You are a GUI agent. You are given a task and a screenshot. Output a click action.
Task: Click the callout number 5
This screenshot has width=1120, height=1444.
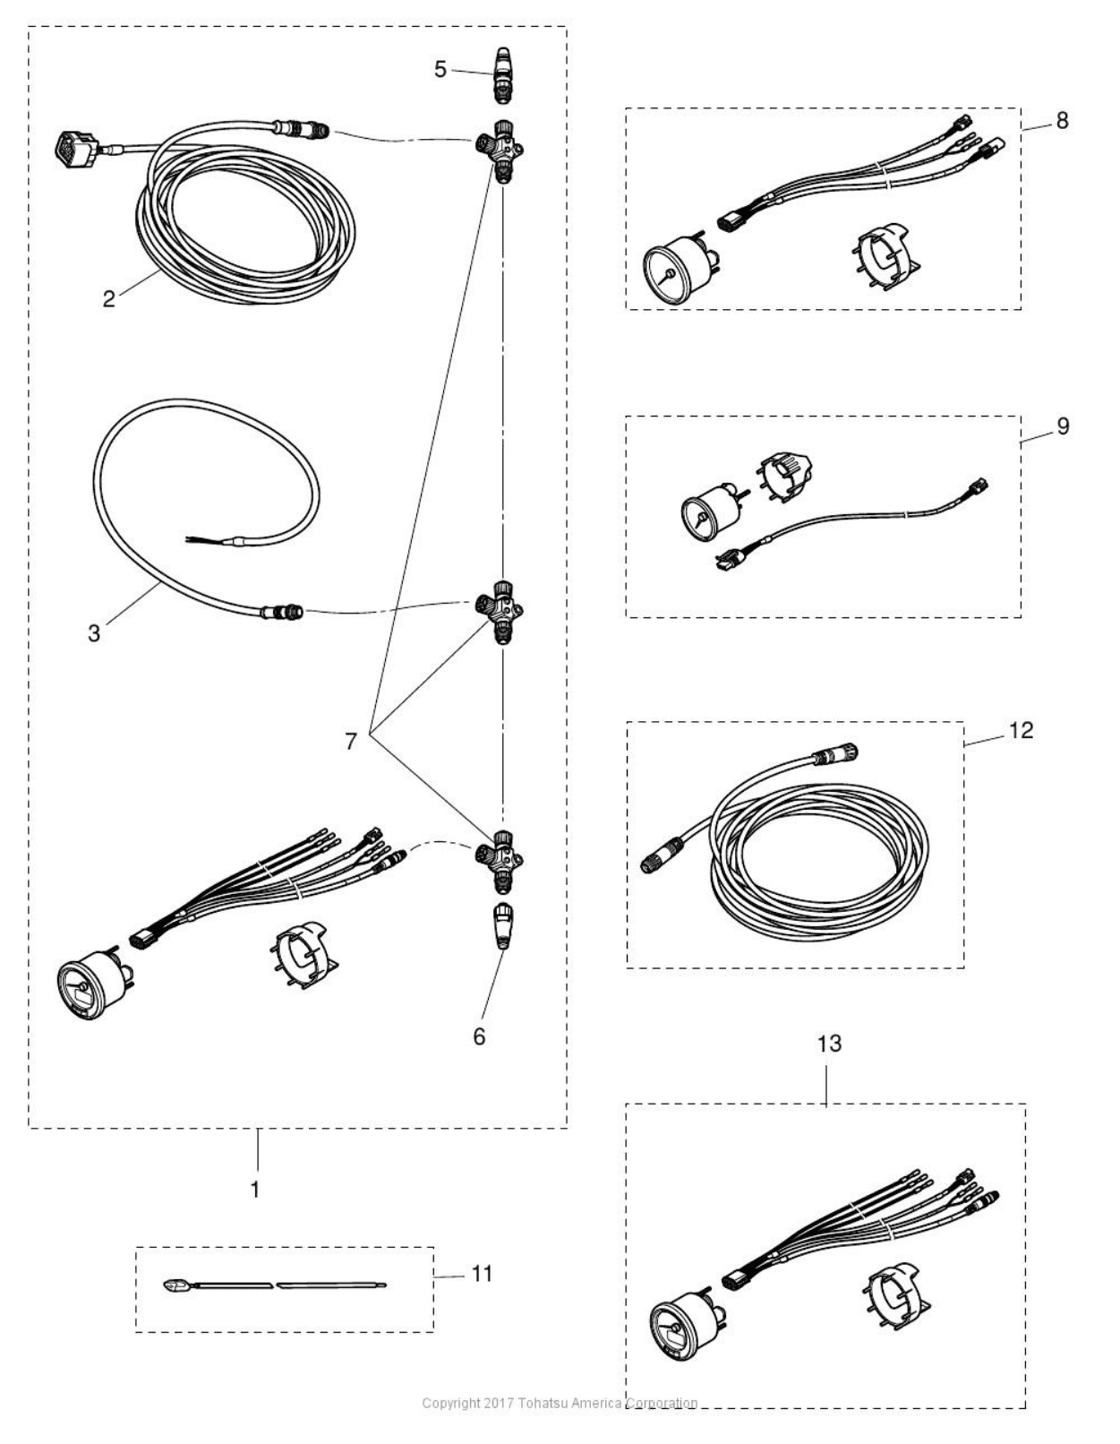pos(440,69)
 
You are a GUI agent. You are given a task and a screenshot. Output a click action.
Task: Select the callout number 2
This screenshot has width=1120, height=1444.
pos(109,299)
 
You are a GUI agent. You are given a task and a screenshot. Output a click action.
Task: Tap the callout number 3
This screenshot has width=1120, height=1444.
pos(94,632)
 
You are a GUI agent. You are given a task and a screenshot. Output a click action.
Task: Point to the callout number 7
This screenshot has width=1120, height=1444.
pos(351,741)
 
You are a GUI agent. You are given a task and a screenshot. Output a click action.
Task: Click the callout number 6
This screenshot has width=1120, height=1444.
pos(479,1036)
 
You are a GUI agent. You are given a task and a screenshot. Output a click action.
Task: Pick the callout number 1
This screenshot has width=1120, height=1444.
pos(255,1190)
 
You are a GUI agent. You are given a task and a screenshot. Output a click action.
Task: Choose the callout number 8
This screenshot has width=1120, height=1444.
pos(1062,121)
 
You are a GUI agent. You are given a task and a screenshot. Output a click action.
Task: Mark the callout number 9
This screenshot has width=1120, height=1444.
pos(1063,425)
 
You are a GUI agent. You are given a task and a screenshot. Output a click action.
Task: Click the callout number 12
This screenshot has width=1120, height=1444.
pos(1021,730)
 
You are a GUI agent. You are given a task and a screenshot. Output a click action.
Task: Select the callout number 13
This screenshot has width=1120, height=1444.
pos(830,1044)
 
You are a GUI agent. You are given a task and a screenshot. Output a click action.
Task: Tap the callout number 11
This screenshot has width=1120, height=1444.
pos(482,1273)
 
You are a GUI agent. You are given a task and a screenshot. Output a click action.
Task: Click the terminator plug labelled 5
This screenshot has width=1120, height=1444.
pos(503,75)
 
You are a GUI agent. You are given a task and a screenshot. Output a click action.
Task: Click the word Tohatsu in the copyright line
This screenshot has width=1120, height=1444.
pos(551,1403)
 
